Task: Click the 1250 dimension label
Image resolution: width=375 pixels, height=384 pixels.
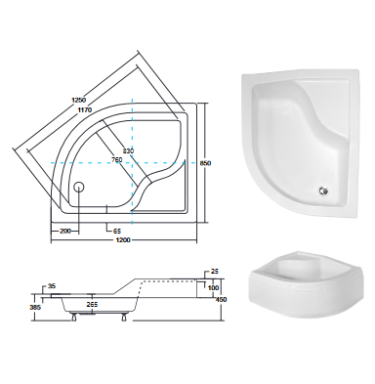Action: point(78,100)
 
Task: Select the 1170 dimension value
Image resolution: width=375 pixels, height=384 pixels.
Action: point(84,109)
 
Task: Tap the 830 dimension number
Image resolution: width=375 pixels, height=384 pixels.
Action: point(128,150)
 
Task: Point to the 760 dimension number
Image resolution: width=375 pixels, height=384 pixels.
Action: point(116,159)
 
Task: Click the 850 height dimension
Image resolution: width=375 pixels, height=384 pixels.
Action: point(206,163)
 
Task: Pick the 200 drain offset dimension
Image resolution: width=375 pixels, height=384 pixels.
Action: point(65,232)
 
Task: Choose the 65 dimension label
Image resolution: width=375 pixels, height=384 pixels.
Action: point(117,232)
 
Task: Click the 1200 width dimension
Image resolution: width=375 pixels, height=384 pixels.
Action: point(124,240)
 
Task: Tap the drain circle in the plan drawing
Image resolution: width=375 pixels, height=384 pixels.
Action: point(79,187)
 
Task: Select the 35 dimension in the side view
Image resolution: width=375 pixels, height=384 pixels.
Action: point(52,286)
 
